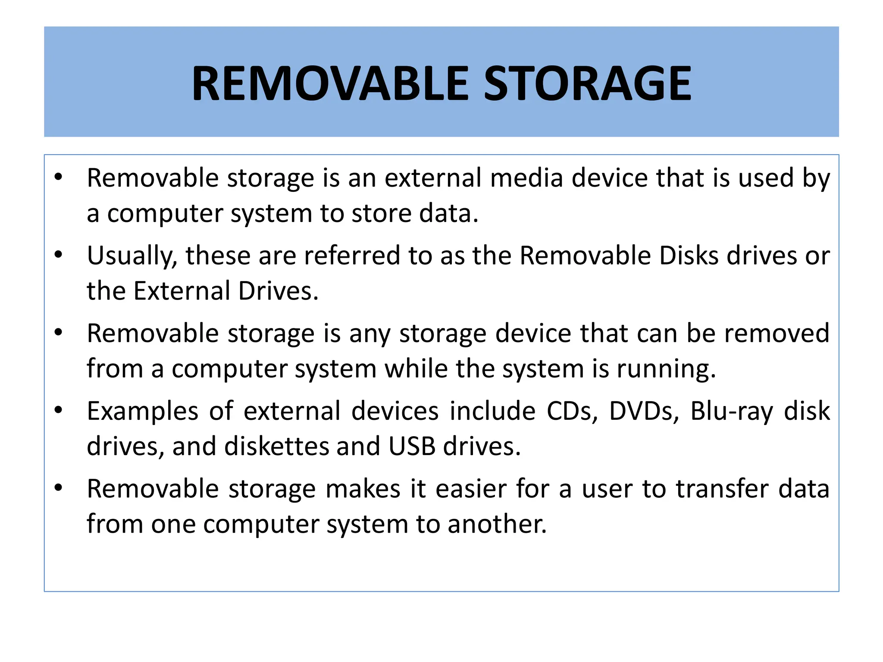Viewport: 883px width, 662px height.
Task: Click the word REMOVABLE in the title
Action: pos(330,83)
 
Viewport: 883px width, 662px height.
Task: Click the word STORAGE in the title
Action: pos(587,83)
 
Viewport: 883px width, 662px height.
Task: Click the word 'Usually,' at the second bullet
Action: pos(132,256)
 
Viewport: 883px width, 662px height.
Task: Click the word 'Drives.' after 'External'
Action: pos(278,291)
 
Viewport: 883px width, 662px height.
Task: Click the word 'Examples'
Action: pos(143,411)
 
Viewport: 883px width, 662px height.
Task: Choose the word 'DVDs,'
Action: pos(642,411)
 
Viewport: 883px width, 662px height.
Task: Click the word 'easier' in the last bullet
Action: pos(471,489)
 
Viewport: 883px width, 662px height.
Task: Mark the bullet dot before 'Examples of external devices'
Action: pos(59,410)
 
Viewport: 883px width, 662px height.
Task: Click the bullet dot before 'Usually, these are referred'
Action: pos(59,254)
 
